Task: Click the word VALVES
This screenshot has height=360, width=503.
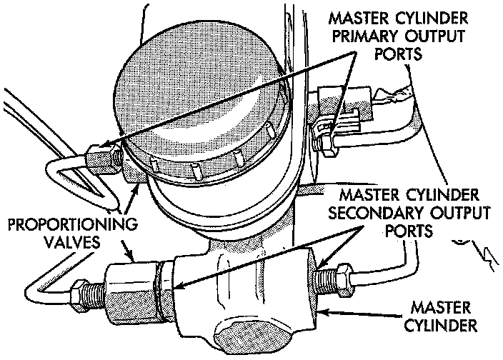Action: (70, 243)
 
